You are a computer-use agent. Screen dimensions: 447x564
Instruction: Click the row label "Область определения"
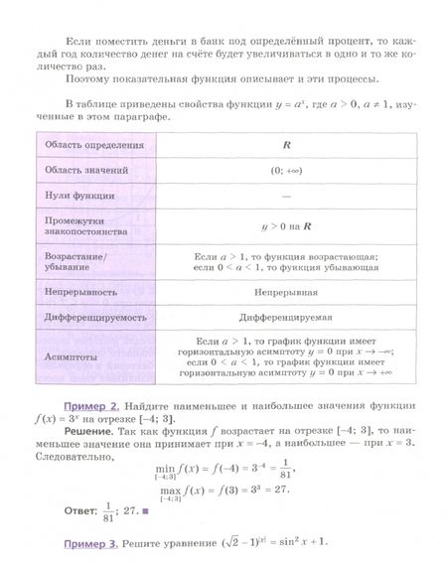pyautogui.click(x=86, y=145)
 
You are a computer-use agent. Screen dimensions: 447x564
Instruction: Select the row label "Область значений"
pyautogui.click(x=80, y=170)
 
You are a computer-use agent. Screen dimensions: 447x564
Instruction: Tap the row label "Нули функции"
pyautogui.click(x=74, y=196)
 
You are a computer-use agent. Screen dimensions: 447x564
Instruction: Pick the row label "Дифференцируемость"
pyautogui.click(x=95, y=319)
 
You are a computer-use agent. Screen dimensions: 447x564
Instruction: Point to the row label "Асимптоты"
pyautogui.click(x=70, y=354)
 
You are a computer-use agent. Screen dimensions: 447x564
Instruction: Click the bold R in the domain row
pyautogui.click(x=286, y=145)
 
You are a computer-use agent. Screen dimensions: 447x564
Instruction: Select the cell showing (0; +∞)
pyautogui.click(x=286, y=170)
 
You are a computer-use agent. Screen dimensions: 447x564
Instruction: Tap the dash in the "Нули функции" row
pyautogui.click(x=286, y=196)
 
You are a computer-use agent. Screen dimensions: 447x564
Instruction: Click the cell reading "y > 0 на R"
pyautogui.click(x=286, y=225)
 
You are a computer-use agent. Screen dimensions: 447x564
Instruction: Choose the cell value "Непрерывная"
pyautogui.click(x=286, y=293)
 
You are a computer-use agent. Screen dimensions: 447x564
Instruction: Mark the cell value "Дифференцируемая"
pyautogui.click(x=286, y=319)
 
